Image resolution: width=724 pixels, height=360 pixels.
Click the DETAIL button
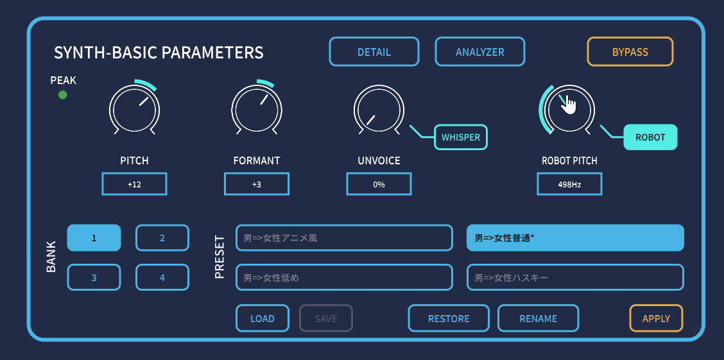[x=374, y=52]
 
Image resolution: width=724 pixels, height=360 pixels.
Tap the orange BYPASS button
[x=630, y=52]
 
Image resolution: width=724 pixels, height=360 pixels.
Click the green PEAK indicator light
[x=63, y=95]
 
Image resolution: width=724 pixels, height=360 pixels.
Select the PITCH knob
[x=134, y=110]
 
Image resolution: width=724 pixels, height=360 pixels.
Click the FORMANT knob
[x=257, y=110]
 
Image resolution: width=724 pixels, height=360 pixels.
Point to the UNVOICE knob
[x=379, y=110]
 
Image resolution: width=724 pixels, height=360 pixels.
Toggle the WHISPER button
[x=461, y=137]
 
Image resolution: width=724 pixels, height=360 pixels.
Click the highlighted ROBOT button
[x=650, y=137]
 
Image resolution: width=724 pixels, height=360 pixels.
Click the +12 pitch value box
[x=134, y=184]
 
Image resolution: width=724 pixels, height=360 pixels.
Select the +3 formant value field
[x=257, y=184]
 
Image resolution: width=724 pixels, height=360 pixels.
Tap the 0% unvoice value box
[x=379, y=184]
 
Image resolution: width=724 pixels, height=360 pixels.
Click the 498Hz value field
[x=569, y=184]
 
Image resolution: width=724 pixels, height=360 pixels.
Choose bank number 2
[x=162, y=237]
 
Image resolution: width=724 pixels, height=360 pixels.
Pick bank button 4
[x=162, y=277]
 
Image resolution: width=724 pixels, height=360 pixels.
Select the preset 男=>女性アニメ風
[x=344, y=237]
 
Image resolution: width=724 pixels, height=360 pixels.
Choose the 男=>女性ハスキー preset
[x=575, y=277]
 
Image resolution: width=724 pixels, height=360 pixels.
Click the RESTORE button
[x=449, y=318]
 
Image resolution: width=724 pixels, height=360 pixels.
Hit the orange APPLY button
[x=656, y=318]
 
